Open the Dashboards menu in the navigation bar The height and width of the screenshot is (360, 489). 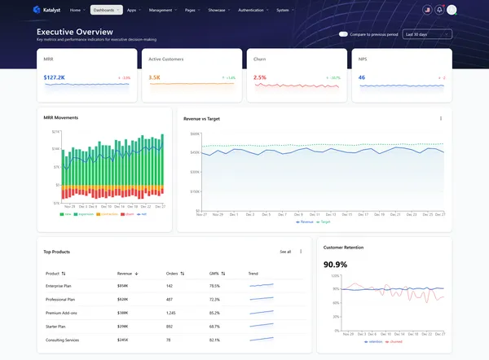coord(106,10)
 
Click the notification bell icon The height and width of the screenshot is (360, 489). coord(439,10)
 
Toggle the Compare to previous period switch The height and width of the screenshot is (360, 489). coord(343,34)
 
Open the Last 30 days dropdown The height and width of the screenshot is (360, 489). coord(427,34)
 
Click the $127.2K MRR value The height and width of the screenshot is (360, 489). coord(55,78)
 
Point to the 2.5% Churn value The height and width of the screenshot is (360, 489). coord(260,78)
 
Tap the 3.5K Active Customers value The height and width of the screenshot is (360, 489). coord(154,78)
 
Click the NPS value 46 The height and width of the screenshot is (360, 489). coord(362,78)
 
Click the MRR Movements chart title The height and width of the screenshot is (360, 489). coord(61,118)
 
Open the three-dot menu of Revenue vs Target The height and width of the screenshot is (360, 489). coord(441,118)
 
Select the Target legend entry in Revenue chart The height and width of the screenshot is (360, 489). coord(325,222)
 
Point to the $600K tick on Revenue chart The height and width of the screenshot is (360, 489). coord(195,134)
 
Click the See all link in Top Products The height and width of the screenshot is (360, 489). coord(285,252)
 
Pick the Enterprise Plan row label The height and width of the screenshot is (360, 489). coord(60,286)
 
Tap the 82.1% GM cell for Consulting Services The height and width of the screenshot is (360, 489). coord(214,340)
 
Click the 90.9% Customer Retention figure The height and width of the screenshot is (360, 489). coord(336,265)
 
